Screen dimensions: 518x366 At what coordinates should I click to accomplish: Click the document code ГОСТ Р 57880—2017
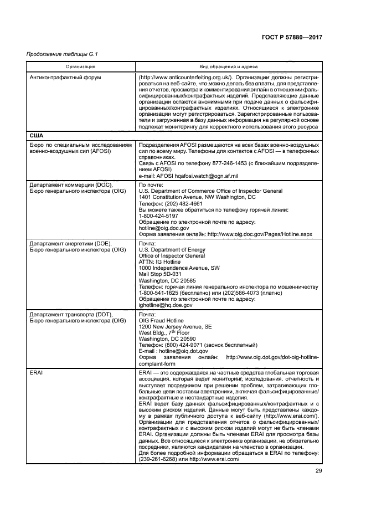[x=292, y=37]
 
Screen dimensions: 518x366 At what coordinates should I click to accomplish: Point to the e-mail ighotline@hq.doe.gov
[x=166, y=305]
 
